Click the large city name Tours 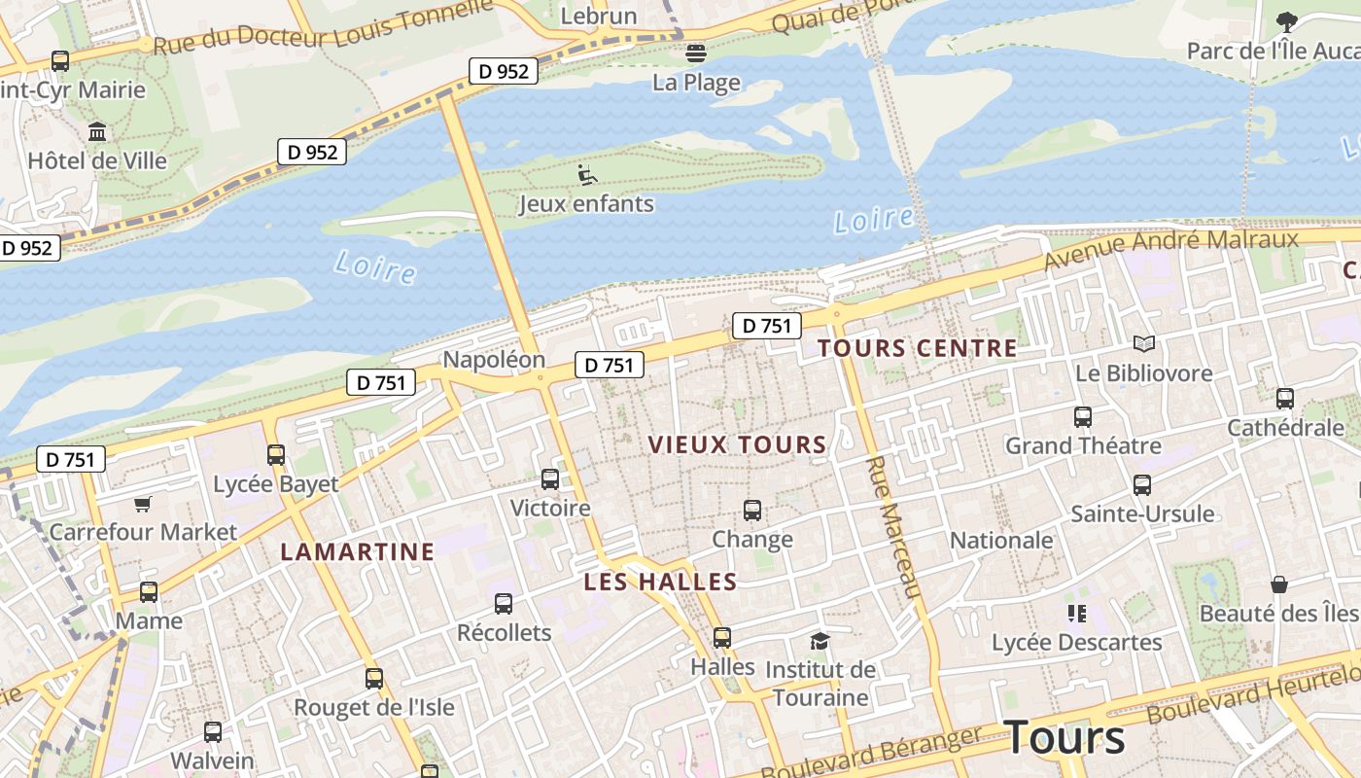1064,737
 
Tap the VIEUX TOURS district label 737,445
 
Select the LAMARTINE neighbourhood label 357,552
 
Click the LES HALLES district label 660,583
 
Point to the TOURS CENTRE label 917,348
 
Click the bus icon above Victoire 550,478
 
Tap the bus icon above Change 751,510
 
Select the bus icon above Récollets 504,603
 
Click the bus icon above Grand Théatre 1082,416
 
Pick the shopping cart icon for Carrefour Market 143,504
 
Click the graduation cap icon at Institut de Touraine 820,641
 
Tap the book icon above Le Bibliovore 1144,343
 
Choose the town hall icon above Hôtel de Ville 97,131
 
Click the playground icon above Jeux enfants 586,175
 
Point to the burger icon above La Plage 696,53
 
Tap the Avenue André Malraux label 1170,250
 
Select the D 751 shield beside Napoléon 610,365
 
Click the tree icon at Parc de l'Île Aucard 1286,21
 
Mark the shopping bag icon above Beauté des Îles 1278,583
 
